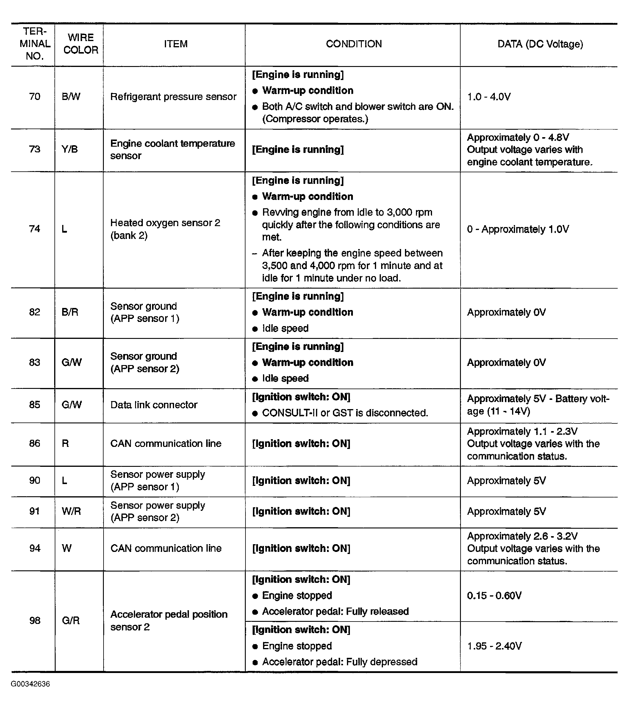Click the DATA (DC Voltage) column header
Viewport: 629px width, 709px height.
coord(540,44)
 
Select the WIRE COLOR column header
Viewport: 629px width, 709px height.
coord(81,44)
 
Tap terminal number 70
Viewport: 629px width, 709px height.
coord(35,96)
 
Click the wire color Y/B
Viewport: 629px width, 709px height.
coord(70,149)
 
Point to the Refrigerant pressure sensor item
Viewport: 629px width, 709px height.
coord(173,96)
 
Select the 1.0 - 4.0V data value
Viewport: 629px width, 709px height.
coord(489,97)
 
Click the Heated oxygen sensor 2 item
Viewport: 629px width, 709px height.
coord(165,229)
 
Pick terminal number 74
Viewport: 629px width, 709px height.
coord(35,229)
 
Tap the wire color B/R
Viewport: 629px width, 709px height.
coord(70,312)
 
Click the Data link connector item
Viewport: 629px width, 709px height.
coord(154,405)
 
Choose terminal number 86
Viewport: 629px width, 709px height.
coord(35,443)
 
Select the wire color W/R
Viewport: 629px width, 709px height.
coord(71,511)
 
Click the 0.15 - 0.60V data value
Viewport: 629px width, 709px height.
coord(494,596)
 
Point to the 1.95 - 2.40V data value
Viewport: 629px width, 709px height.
coord(494,646)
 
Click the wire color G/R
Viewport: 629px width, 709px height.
coord(71,620)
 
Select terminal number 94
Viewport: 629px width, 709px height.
coord(35,548)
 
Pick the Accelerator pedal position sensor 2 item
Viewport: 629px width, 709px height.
coord(169,620)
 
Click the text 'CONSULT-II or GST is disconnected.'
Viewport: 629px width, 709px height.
coord(345,413)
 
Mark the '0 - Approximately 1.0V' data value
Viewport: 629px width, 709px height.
coord(518,229)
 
